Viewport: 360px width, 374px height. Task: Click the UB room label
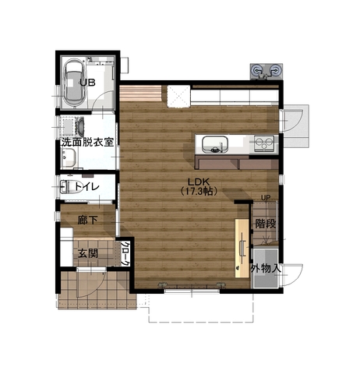pos(87,83)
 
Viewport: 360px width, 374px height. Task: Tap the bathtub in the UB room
pos(75,83)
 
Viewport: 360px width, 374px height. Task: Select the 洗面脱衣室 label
pos(87,143)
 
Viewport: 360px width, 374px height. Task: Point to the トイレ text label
pos(87,186)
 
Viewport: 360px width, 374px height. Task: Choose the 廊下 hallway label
pos(87,221)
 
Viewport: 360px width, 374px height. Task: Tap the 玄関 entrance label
pos(88,253)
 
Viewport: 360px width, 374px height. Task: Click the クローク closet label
pos(125,253)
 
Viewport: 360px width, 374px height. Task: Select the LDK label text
pos(199,182)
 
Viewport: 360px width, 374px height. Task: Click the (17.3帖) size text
pos(199,192)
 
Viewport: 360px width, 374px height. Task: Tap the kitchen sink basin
pos(215,144)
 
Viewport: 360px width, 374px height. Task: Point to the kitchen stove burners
pos(264,143)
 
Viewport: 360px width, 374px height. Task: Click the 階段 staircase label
pos(265,224)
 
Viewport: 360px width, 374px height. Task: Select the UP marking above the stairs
pos(266,198)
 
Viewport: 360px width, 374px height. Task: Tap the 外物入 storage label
pos(266,269)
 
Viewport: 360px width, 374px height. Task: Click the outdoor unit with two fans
pos(266,72)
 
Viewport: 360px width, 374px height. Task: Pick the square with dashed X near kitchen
pos(178,96)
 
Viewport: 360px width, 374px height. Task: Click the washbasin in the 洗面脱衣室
pos(69,157)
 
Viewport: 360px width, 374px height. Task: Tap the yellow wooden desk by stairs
pos(242,249)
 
